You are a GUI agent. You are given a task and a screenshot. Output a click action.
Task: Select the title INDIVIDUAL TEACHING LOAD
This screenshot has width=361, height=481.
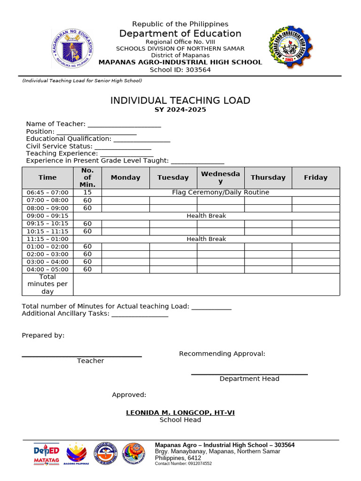pos(180,101)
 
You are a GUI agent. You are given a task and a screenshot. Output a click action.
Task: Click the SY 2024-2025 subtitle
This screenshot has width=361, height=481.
pos(180,110)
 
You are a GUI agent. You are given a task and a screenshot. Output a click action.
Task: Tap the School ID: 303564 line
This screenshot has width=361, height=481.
pos(180,70)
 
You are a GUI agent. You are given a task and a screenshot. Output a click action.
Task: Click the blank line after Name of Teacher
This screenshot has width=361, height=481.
pos(124,124)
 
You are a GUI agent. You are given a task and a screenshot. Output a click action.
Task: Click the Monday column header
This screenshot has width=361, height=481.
pos(126,178)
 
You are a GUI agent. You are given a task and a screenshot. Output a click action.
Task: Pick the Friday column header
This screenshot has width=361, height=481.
pos(315,178)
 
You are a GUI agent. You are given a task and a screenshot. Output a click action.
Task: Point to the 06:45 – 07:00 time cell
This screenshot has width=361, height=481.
pos(47,193)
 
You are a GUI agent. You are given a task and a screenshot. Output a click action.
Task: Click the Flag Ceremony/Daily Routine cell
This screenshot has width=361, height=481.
pos(220,193)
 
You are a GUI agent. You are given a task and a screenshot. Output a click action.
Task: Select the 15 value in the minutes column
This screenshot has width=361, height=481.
pos(87,193)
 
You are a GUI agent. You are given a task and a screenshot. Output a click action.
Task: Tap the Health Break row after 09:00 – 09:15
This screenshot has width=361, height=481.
pos(206,216)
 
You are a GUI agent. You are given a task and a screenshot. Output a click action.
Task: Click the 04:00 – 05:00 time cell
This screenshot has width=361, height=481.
pos(47,270)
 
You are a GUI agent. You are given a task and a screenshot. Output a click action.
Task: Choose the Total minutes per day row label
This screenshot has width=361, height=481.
pos(47,284)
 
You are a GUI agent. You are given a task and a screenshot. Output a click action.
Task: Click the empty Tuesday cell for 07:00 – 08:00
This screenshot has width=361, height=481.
pos(173,201)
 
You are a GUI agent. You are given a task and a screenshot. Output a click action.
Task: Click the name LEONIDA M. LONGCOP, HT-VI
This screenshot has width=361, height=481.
pos(180,413)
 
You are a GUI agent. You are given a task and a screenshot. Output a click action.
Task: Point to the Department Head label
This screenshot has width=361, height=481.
pos(249,379)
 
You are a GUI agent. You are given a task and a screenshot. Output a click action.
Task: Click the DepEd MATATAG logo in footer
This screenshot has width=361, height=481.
pos(46,454)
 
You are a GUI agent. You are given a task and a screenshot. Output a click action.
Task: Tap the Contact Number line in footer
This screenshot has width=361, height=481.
pos(183,464)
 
